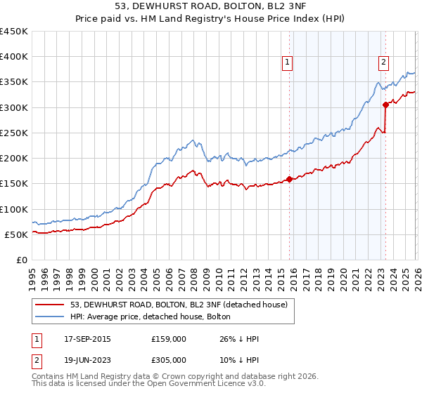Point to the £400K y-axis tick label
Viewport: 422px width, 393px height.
click(x=14, y=57)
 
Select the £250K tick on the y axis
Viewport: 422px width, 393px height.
click(x=14, y=133)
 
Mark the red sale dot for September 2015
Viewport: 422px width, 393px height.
click(x=288, y=179)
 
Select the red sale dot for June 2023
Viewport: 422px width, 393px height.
click(x=385, y=105)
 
